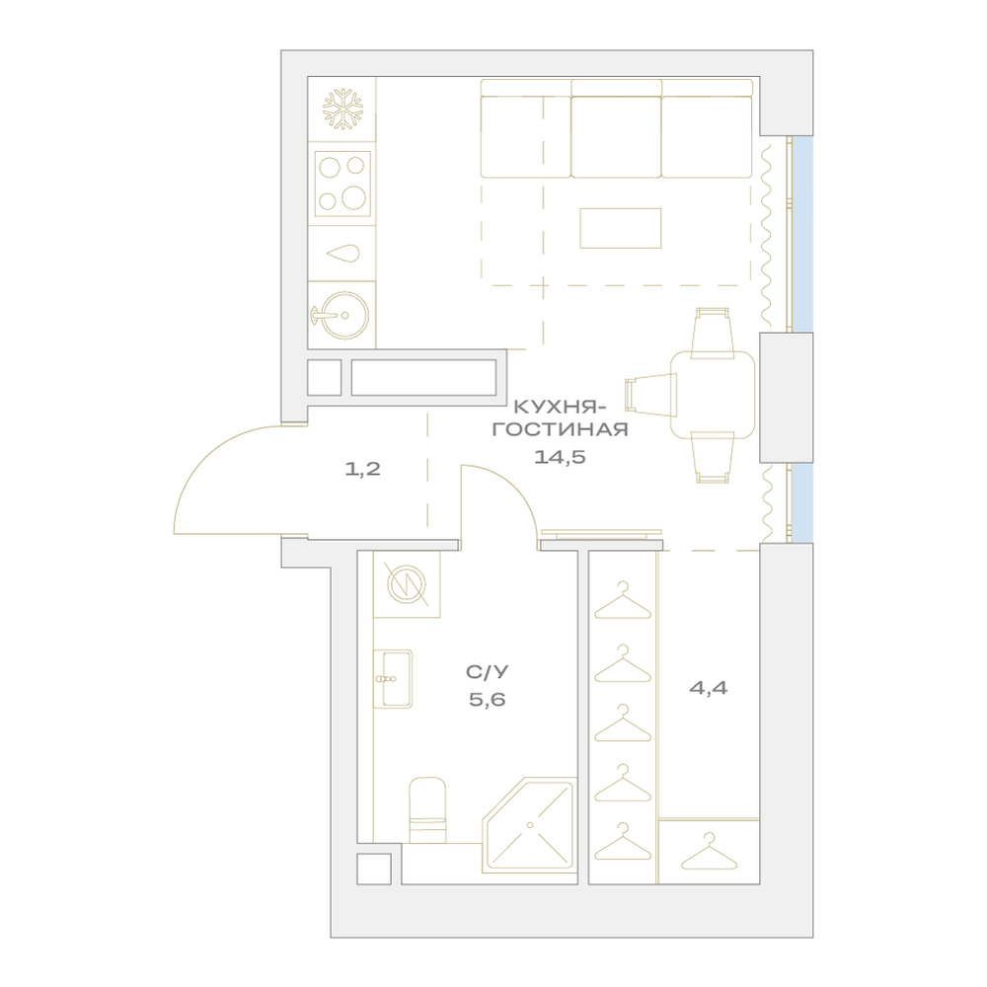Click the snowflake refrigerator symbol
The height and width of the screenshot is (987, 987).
pos(343,110)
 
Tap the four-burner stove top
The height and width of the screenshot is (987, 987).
pos(342,184)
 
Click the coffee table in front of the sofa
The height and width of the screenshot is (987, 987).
pos(621,229)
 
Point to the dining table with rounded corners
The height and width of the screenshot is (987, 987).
pos(713,395)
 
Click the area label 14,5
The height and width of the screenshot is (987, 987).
pos(560,457)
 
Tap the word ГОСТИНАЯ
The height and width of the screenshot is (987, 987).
pos(560,430)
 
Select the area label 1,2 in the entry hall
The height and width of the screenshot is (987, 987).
pos(362,469)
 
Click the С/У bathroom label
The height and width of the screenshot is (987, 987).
pos(488,672)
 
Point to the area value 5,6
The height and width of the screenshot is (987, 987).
pos(488,700)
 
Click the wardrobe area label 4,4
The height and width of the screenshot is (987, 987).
pos(708,688)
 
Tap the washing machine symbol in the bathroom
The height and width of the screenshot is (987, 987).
pos(407,583)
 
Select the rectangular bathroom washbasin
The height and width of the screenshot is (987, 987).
pos(393,679)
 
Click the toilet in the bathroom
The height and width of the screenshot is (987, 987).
pos(427,810)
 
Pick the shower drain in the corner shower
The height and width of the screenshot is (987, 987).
pos(530,824)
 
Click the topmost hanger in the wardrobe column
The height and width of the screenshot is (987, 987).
pos(623,600)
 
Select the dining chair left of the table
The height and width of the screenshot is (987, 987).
pos(650,395)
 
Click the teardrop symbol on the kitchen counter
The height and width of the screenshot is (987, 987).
pos(343,254)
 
